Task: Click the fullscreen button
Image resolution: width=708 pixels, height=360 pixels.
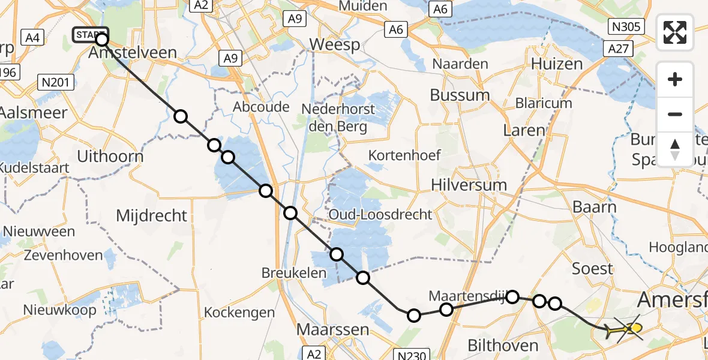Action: [x=675, y=32]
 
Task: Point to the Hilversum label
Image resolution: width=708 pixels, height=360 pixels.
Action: [x=469, y=185]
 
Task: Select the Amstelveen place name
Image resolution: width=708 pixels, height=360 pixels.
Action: [x=133, y=53]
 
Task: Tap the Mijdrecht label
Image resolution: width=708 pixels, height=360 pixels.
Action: [x=151, y=215]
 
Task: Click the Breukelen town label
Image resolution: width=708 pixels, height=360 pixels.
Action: [x=293, y=273]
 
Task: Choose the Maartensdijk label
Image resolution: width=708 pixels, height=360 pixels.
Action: [x=466, y=296]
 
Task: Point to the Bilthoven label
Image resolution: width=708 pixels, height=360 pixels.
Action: [x=502, y=346]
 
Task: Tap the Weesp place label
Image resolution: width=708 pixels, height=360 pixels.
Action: [x=334, y=45]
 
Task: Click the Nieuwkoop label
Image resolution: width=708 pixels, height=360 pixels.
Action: [x=59, y=310]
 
